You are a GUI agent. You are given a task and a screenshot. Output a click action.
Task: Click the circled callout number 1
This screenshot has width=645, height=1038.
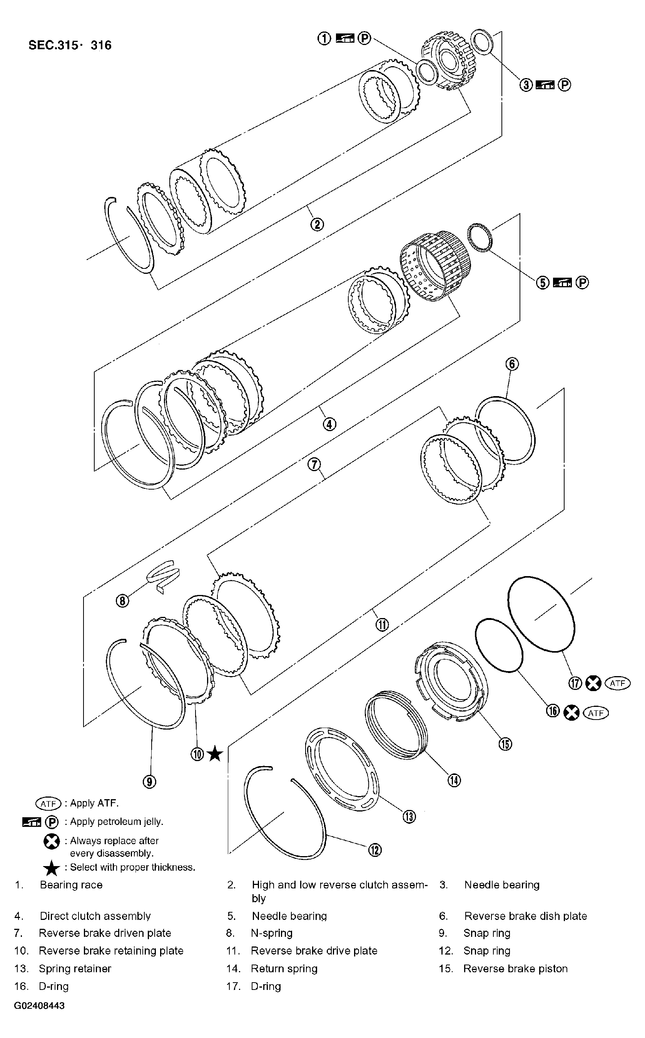(x=324, y=38)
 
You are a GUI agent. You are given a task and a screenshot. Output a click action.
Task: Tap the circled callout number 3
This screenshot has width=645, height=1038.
(x=526, y=85)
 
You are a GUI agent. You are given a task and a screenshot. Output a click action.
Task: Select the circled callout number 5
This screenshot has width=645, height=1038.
(x=542, y=283)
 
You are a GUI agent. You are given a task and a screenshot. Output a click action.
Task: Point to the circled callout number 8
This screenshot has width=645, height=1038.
(x=122, y=601)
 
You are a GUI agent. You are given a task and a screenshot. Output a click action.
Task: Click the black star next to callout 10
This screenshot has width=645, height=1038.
(x=215, y=754)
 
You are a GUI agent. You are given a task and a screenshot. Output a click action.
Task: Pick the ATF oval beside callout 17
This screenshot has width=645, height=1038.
(x=617, y=683)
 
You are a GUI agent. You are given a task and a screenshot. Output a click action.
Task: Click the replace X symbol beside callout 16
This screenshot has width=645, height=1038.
(x=571, y=712)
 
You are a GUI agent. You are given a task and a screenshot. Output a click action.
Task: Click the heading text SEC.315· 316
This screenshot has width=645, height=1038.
(x=70, y=45)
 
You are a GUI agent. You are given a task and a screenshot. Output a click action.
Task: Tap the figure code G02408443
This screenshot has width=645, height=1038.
(x=39, y=1006)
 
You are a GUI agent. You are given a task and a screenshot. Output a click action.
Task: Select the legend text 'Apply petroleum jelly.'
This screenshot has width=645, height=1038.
(x=117, y=821)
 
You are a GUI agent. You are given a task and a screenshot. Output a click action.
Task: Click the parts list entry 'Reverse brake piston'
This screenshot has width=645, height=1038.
(x=515, y=968)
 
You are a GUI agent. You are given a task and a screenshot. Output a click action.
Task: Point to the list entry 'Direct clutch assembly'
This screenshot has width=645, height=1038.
(x=95, y=916)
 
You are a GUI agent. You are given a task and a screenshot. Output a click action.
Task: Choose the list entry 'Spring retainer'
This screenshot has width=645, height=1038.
(x=75, y=968)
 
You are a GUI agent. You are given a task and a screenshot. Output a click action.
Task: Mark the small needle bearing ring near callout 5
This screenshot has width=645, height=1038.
(x=480, y=237)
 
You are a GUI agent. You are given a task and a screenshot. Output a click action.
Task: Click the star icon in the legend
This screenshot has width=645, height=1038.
(x=52, y=868)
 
